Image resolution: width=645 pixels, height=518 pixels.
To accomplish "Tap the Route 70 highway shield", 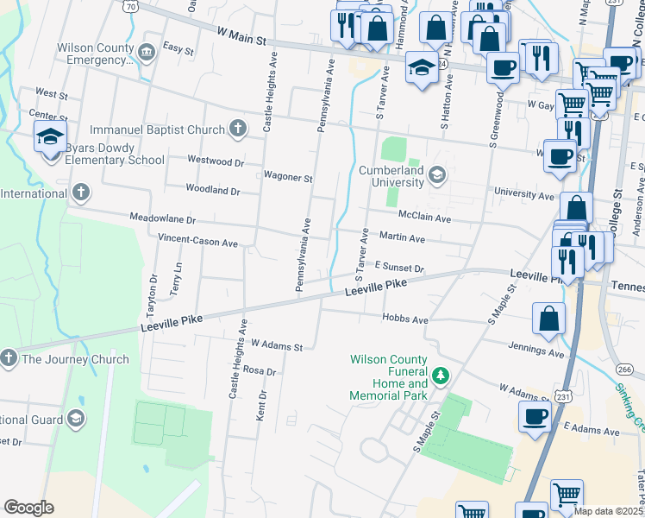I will [x=129, y=5].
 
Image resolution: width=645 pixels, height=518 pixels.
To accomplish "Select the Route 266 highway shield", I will [x=624, y=370].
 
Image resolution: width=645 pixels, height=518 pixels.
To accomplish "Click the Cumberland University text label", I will [x=394, y=176].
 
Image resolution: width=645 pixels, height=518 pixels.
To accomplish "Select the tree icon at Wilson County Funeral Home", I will [x=441, y=375].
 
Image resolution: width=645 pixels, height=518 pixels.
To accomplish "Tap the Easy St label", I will [x=178, y=50].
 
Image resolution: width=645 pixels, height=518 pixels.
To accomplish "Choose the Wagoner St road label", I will [x=288, y=178].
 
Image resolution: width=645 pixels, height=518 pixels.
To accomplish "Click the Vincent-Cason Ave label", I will [x=197, y=243].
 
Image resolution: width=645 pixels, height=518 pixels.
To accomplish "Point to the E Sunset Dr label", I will [x=398, y=268].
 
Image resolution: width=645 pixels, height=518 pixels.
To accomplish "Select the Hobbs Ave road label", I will [x=405, y=319].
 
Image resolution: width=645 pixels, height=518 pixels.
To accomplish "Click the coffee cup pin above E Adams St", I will [x=535, y=417].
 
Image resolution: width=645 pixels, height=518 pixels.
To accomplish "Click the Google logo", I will [x=28, y=508].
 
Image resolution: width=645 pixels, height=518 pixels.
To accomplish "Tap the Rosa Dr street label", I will [x=259, y=371].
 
